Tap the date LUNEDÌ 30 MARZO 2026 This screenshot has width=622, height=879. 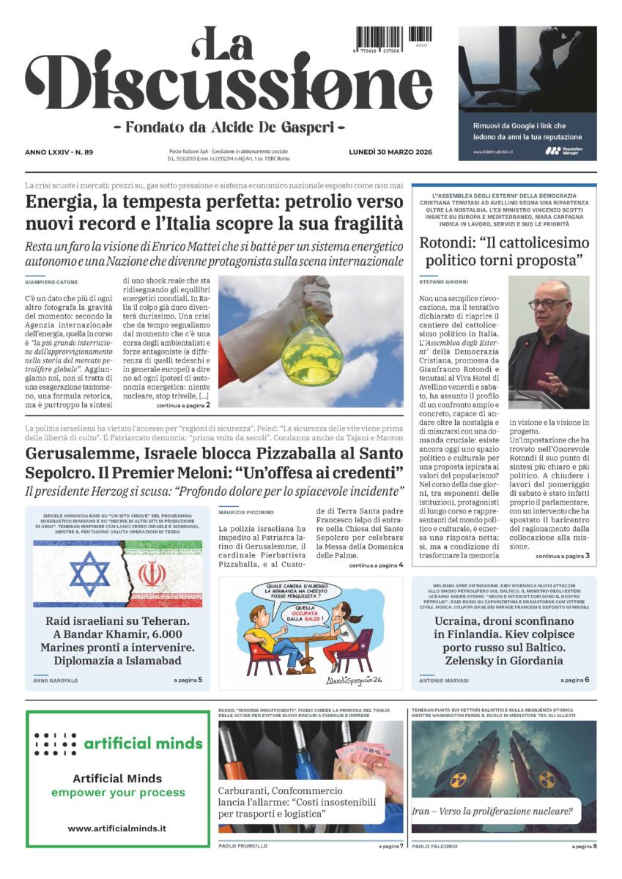[390, 152]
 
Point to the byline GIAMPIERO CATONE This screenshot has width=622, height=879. [51, 282]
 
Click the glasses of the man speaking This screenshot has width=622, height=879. [548, 303]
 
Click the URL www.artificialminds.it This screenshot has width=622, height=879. [117, 828]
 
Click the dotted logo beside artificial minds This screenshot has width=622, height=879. [56, 743]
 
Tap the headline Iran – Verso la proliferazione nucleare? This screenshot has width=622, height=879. [493, 811]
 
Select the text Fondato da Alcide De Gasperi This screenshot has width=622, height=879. [229, 126]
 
